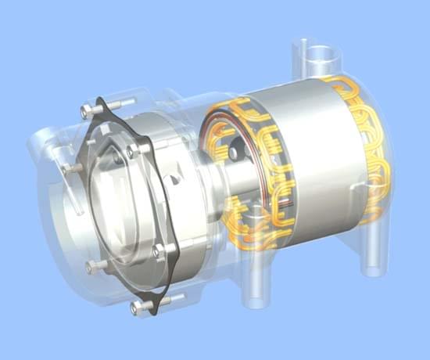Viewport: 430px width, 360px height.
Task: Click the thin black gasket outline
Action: pyautogui.click(x=174, y=275)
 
